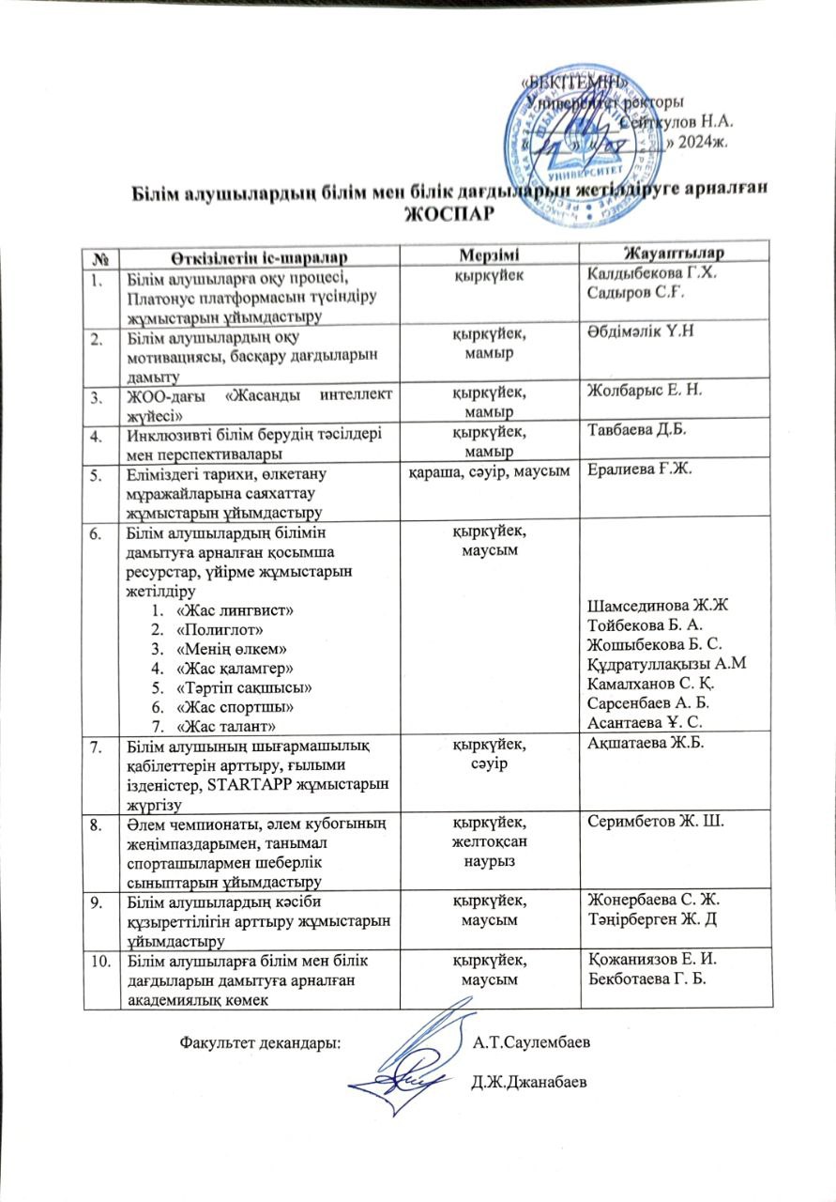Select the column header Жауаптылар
[x=672, y=253]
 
